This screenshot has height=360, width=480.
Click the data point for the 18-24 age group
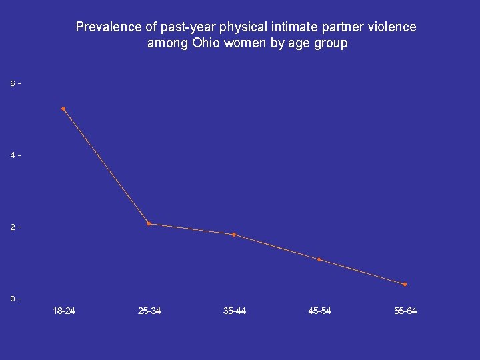click(63, 109)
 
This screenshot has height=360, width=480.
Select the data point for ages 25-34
click(149, 224)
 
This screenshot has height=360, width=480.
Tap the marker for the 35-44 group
click(234, 235)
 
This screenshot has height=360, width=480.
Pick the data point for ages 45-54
click(319, 259)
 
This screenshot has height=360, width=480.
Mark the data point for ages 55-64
click(405, 285)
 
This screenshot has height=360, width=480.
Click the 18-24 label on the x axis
click(64, 311)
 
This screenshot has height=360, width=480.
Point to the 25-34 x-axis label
click(149, 311)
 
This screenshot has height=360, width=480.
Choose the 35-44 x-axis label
click(235, 311)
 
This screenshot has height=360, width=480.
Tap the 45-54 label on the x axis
click(320, 311)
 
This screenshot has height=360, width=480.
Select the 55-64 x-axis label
click(405, 311)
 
